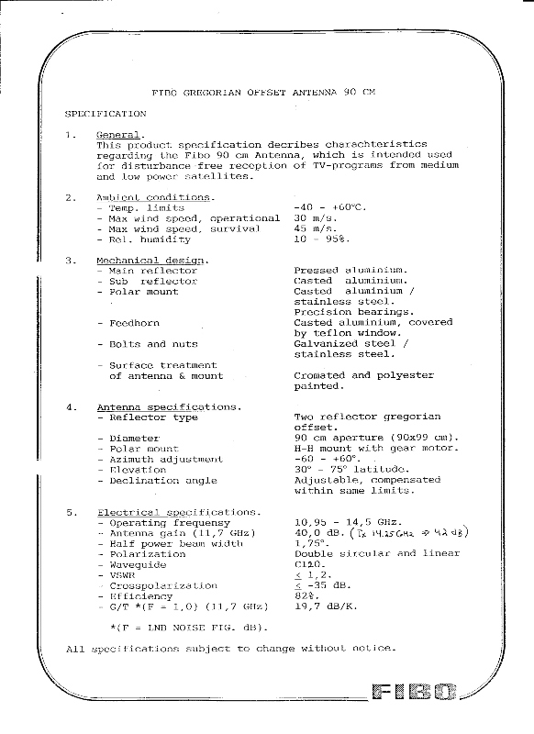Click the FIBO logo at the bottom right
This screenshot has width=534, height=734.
tap(415, 692)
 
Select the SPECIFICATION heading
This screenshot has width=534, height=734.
tap(106, 114)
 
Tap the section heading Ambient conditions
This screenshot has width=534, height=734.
tap(156, 197)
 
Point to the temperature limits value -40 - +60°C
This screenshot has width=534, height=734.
tap(329, 207)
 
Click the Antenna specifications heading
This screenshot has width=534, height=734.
tap(170, 406)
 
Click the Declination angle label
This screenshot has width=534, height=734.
tap(163, 480)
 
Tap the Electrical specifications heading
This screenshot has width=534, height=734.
tap(179, 512)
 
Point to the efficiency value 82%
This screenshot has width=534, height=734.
tap(306, 595)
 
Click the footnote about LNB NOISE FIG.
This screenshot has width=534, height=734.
tap(188, 628)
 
